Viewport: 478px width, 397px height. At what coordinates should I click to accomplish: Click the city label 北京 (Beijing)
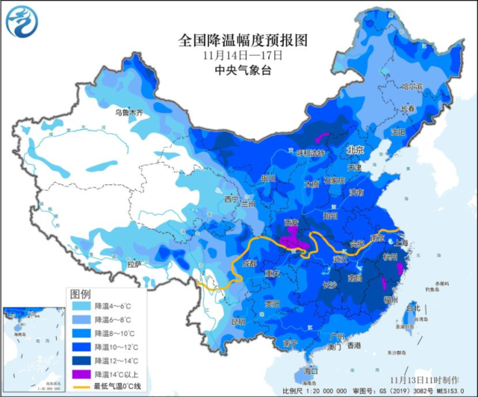[x=355, y=150]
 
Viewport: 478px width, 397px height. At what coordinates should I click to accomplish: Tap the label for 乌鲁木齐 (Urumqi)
[x=128, y=113]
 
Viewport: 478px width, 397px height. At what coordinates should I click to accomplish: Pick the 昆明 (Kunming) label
[x=238, y=322]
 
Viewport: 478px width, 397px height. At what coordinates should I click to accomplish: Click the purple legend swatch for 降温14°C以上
[x=81, y=373]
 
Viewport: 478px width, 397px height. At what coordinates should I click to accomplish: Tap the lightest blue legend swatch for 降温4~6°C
[x=81, y=306]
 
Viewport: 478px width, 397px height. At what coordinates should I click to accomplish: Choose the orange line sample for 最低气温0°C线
[x=81, y=387]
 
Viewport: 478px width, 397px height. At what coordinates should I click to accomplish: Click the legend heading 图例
[x=80, y=293]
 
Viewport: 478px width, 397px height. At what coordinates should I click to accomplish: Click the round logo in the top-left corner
[x=22, y=22]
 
